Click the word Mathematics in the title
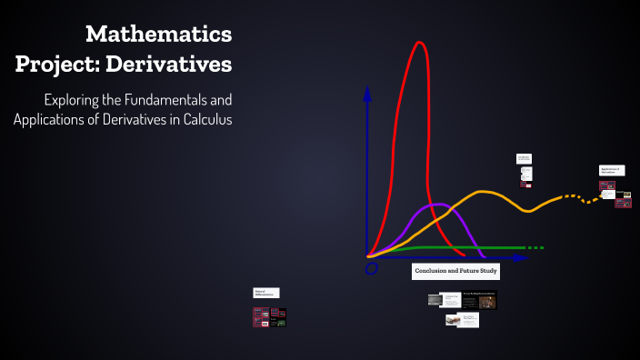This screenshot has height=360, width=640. [159, 35]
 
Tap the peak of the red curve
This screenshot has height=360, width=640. [419, 43]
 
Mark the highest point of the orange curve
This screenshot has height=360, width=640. [484, 192]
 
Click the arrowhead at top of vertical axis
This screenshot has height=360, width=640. [367, 92]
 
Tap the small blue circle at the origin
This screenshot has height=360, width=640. [371, 269]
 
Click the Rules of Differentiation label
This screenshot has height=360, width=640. [266, 293]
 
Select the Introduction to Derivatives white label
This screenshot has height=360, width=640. [525, 158]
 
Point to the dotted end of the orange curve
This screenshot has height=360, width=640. [582, 197]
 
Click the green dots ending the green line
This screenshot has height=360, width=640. [536, 247]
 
